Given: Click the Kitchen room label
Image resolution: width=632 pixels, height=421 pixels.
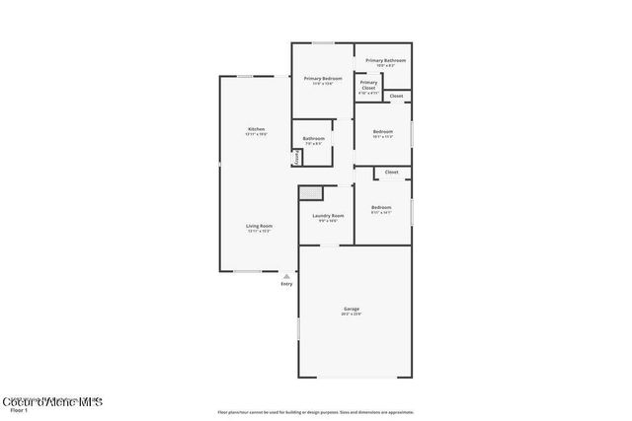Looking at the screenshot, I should pos(256,130).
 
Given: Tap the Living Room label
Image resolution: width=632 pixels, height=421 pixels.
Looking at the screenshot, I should pos(260,226).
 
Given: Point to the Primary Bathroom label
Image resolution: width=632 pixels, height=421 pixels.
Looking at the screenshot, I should pos(385,61).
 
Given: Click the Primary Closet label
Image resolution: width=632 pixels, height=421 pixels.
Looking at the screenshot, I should pos(368,85).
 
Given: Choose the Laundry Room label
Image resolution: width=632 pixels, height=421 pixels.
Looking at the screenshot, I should pos(328,216).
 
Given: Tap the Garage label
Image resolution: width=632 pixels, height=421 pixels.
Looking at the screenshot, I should pos(352,309).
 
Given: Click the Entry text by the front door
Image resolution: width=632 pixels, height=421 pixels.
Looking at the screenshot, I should pos(286,284).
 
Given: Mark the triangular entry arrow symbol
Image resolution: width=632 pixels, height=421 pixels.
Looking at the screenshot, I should pos(286,276).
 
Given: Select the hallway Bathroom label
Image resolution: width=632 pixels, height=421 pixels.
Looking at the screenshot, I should pos(314,139).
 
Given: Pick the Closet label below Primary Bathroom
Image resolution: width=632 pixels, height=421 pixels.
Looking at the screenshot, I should pos(396,96).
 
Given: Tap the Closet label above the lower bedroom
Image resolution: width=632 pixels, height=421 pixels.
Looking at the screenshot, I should pos(391,173).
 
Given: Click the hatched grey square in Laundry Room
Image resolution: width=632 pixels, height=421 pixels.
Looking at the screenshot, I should pos(312,193).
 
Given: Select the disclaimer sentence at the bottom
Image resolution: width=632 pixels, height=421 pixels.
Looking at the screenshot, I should pos(316,411).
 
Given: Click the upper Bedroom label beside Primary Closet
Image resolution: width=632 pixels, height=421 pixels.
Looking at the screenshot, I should pos(383,132).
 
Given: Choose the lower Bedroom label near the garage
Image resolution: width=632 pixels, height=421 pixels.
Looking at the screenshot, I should pos(381,207).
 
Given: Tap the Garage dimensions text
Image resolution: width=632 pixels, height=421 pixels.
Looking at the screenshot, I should pos(352,315).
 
